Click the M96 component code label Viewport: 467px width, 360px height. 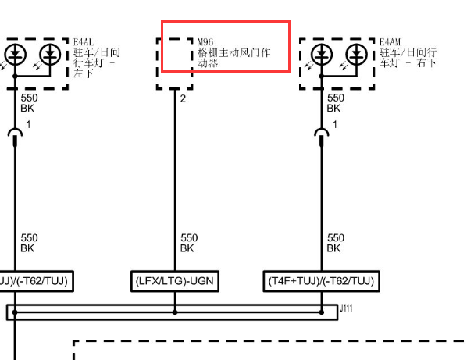pyautogui.click(x=205, y=42)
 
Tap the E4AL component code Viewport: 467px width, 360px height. pyautogui.click(x=84, y=42)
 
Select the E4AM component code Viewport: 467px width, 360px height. pyautogui.click(x=390, y=42)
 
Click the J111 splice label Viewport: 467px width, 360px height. pyautogui.click(x=346, y=308)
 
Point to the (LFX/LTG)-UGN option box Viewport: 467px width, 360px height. pyautogui.click(x=175, y=281)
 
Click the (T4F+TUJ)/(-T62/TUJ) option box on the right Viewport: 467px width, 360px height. pyautogui.click(x=322, y=281)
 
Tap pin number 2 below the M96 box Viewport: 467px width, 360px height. pyautogui.click(x=183, y=98)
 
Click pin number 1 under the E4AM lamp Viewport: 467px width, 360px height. pyautogui.click(x=335, y=124)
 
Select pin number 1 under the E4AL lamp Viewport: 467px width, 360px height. pyautogui.click(x=28, y=124)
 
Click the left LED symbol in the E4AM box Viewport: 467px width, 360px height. pyautogui.click(x=322, y=55)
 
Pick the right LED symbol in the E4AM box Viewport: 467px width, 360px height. pyautogui.click(x=356, y=55)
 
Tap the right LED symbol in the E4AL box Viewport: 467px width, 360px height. pyautogui.click(x=50, y=55)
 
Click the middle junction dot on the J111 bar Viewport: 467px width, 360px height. pyautogui.click(x=175, y=312)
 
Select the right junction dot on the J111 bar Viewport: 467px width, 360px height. pyautogui.click(x=322, y=312)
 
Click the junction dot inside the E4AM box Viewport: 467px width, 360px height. pyautogui.click(x=322, y=77)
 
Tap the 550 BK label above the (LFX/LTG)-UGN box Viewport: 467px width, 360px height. pyautogui.click(x=189, y=243)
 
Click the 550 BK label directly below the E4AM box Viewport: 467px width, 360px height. pyautogui.click(x=335, y=103)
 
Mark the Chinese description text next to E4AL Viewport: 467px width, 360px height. pyautogui.click(x=97, y=62)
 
